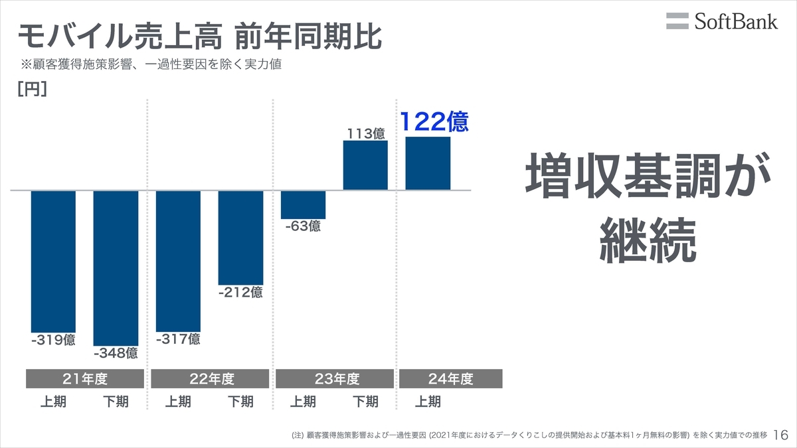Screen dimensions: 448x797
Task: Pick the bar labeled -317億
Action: click(x=178, y=261)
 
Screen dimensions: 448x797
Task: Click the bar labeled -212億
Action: click(x=240, y=238)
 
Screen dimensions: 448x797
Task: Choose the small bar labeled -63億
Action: click(x=303, y=204)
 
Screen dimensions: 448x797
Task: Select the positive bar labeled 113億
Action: click(x=365, y=165)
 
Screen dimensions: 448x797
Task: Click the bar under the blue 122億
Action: click(x=428, y=163)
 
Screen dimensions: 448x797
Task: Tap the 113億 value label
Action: click(x=365, y=133)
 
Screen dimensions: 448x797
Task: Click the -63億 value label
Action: click(x=303, y=226)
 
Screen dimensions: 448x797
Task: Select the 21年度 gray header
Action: click(x=84, y=379)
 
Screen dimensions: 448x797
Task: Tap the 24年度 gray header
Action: click(x=450, y=379)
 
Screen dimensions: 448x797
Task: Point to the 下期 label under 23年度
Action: click(x=365, y=402)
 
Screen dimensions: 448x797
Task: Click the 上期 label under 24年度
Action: click(x=428, y=402)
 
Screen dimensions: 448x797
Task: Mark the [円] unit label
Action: click(x=31, y=90)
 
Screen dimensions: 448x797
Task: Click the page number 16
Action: click(x=781, y=435)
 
